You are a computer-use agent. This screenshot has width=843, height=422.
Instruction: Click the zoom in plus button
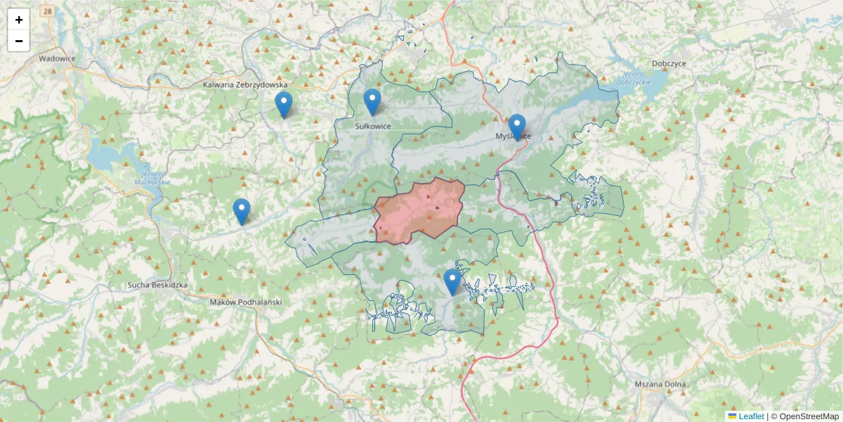coord(19,20)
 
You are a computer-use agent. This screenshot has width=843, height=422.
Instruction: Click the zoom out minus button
coord(19,41)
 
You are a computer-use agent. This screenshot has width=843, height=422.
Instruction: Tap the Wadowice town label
coord(57,59)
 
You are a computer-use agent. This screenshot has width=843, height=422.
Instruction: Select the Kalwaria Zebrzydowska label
coord(245,84)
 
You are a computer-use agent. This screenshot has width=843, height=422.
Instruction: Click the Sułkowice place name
coord(372,126)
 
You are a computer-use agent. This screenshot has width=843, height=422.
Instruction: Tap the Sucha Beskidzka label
coord(157,285)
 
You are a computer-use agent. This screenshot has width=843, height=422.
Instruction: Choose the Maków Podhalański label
coord(246,301)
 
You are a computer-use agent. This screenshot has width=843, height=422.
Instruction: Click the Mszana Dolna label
coord(660,385)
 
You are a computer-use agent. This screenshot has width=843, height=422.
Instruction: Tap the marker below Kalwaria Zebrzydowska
coord(283,105)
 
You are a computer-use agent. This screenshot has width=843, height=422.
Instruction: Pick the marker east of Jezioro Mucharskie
coord(242,212)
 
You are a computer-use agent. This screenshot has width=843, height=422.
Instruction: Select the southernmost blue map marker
coord(452,282)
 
